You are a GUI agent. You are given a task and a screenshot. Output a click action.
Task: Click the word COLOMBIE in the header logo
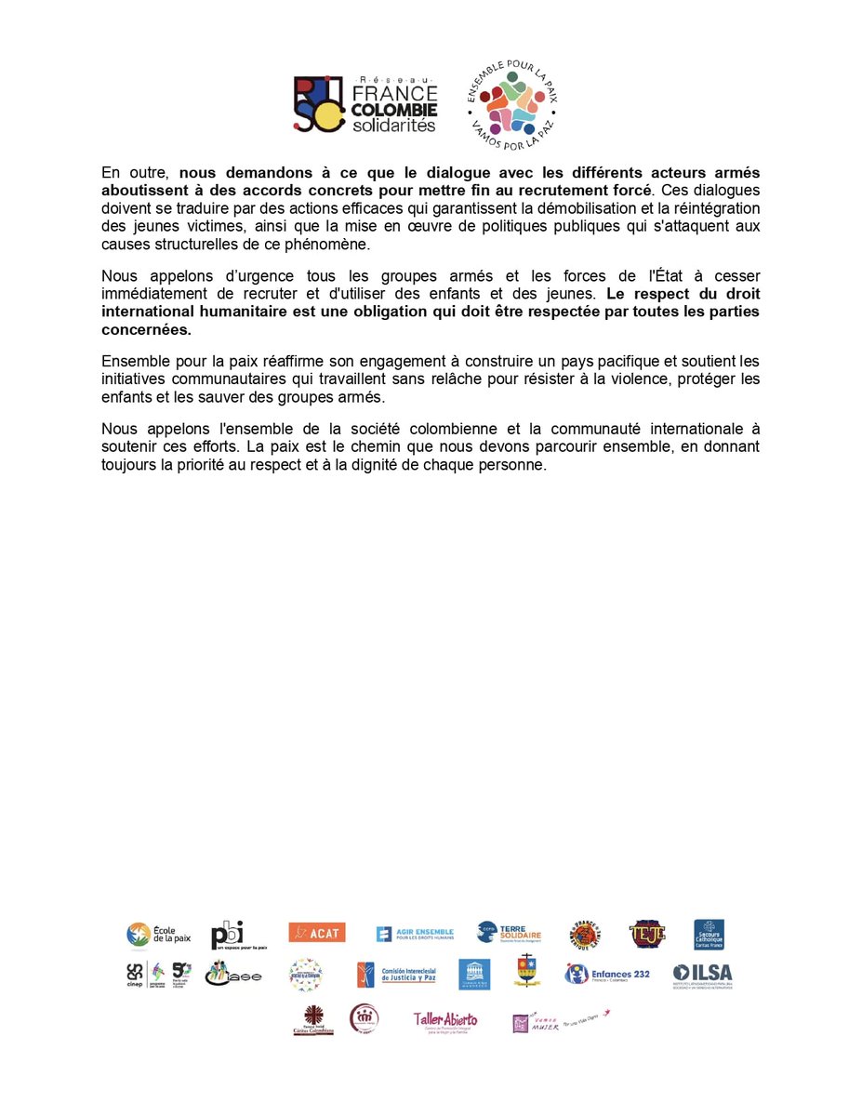(395, 110)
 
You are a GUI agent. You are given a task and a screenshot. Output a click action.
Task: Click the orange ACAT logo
(316, 933)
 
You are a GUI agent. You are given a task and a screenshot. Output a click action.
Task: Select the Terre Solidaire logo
(509, 933)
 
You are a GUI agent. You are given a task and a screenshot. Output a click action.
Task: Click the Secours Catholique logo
(709, 934)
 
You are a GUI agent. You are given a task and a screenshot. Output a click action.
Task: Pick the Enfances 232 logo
(607, 975)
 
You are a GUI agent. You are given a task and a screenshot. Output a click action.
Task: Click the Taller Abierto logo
(446, 1020)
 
